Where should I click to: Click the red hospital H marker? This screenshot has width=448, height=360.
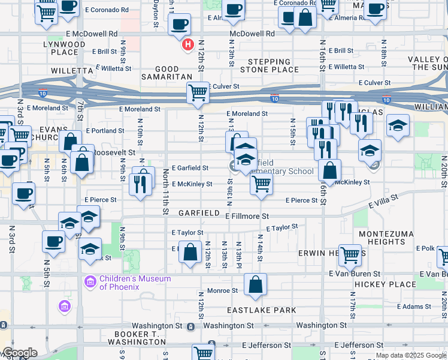188,44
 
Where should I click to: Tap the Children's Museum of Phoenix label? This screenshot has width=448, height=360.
135,283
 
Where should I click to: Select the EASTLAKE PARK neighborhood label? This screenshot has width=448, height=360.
261,310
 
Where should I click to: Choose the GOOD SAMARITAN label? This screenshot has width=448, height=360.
168,73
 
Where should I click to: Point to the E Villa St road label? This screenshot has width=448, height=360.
383,202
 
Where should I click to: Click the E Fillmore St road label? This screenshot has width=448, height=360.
247,215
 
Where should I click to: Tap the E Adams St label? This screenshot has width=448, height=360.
413,306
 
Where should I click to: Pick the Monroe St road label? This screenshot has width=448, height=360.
222,290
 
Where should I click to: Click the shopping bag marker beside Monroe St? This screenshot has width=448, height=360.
256,286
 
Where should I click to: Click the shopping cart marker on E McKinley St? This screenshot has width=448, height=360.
261,185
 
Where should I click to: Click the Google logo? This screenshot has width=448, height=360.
19,353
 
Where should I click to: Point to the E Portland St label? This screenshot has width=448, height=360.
105,130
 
